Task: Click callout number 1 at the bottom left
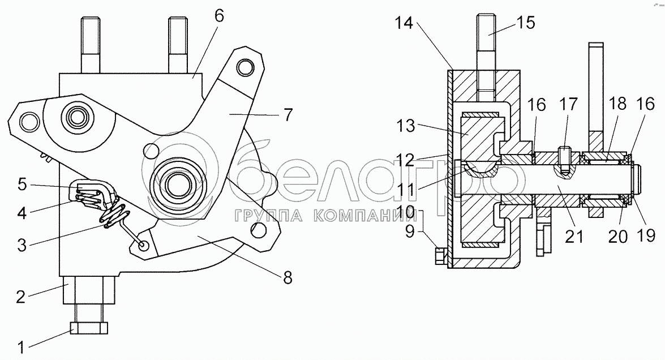21,348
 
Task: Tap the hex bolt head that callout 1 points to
89,328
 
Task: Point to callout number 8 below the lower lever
288,278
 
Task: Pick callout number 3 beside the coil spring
22,245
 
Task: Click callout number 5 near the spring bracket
22,185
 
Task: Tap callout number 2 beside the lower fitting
21,297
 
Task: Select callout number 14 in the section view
404,23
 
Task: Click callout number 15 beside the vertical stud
526,23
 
